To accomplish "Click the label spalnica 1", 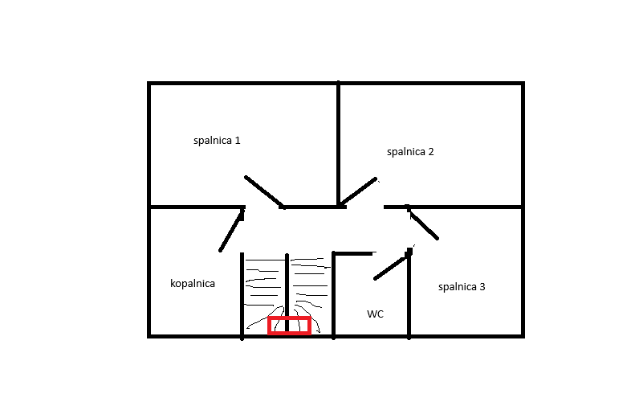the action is tap(217, 141).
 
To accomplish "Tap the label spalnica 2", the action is tap(410, 152).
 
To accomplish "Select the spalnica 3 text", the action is tap(462, 287).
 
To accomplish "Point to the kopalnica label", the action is tap(193, 284).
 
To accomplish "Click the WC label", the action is tap(375, 314).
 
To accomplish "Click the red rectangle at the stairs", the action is tap(289, 326).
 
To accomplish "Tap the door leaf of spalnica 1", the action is tap(263, 191).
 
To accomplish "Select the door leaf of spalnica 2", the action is tap(358, 191).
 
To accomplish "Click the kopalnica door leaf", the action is tap(231, 231).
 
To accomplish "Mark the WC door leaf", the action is tap(392, 266).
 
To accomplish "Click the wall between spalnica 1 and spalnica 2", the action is tap(338, 143).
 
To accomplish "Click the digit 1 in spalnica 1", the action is tap(238, 141).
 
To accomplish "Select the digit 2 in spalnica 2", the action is tap(431, 152).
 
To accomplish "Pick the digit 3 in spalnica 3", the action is tap(482, 287).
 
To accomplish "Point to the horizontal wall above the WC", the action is tap(354, 254).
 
